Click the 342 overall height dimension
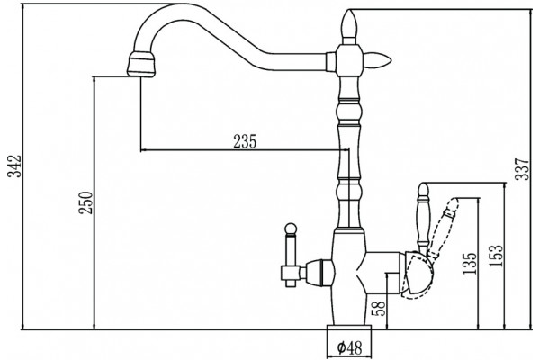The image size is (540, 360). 14,166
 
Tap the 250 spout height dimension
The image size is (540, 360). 85,202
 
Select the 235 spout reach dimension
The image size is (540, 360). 245,141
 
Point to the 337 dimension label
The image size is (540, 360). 521,169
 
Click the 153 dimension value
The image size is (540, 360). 496,256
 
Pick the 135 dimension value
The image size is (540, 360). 470,264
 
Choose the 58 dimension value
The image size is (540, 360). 378,309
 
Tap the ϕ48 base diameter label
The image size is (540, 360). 349,348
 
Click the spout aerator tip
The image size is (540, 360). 141,64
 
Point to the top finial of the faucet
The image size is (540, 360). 349,27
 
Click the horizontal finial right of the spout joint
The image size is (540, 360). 378,61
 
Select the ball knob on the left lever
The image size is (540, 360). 291,229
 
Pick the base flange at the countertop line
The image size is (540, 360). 349,328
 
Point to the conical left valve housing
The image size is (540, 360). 319,274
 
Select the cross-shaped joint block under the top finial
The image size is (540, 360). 348,60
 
